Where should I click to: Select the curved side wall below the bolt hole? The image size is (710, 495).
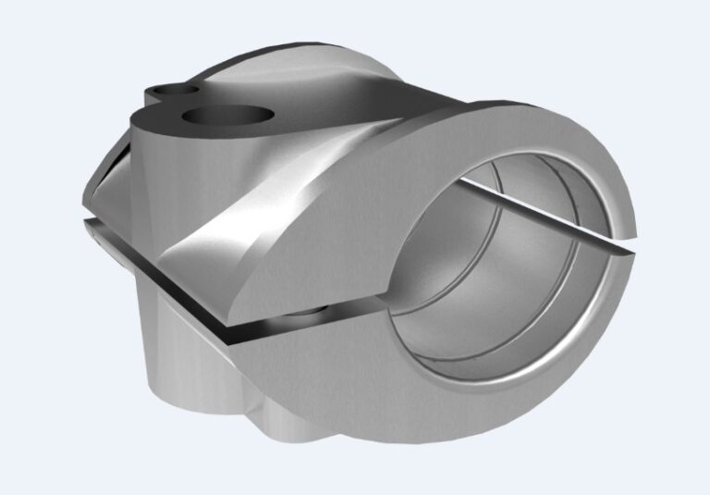pyautogui.click(x=176, y=167)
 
